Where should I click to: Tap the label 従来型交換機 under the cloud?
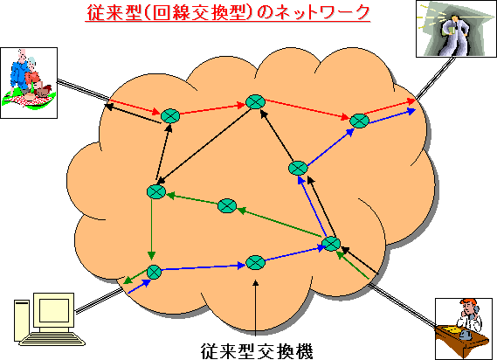(x=257, y=350)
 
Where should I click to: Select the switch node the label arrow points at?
(x=255, y=262)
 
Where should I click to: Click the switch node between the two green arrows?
(x=227, y=206)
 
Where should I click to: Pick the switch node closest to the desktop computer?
(x=154, y=272)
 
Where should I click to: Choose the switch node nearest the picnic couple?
(x=170, y=116)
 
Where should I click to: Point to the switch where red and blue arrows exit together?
(x=360, y=121)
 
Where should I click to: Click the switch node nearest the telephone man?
(x=331, y=244)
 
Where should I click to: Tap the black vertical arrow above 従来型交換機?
(x=255, y=308)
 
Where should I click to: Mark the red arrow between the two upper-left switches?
(x=213, y=109)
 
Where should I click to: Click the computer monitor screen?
(x=54, y=310)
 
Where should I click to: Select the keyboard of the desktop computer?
(x=52, y=339)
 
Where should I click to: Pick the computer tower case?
(x=22, y=321)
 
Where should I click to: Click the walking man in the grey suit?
(x=455, y=34)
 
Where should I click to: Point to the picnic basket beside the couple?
(x=43, y=91)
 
